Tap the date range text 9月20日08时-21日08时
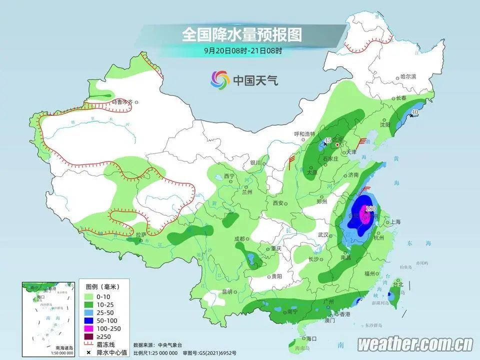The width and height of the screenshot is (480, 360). click(243, 50)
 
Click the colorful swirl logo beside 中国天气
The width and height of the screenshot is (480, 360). click(219, 79)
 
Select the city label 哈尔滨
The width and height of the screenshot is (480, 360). click(408, 76)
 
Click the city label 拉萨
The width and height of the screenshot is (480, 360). click(140, 234)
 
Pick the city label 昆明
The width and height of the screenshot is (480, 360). click(227, 291)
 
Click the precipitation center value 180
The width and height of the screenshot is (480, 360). click(370, 208)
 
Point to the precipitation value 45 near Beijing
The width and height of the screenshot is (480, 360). click(328, 140)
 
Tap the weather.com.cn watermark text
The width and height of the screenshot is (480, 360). click(415, 344)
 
